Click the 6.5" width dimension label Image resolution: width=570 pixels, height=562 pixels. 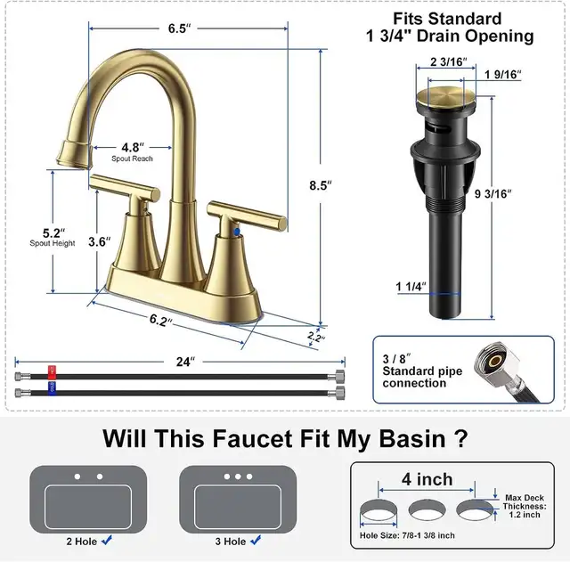click(x=180, y=29)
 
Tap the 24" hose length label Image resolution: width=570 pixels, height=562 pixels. click(x=184, y=362)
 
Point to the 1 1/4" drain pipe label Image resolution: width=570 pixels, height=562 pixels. click(x=411, y=287)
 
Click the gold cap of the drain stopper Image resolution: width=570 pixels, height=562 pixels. click(x=444, y=95)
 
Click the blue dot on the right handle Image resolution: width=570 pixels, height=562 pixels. click(x=237, y=231)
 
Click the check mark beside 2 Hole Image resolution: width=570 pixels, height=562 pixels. click(x=107, y=540)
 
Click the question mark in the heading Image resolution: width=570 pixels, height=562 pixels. click(x=461, y=438)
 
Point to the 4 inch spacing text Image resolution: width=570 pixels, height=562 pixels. click(x=427, y=479)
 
